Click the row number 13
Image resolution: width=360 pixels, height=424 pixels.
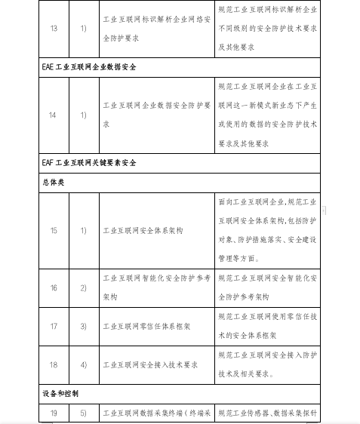(52, 29)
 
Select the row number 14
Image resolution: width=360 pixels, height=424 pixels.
(52, 115)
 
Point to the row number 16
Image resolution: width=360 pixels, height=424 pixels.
(52, 287)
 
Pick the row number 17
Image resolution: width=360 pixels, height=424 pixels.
(52, 327)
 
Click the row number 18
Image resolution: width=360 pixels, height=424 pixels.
(52, 364)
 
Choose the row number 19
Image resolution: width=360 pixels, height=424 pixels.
(52, 413)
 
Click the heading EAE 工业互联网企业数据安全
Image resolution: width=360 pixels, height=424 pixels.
(94, 66)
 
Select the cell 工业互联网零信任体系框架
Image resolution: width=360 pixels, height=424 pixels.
(147, 327)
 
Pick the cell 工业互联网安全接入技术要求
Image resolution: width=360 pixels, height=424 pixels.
(150, 364)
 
